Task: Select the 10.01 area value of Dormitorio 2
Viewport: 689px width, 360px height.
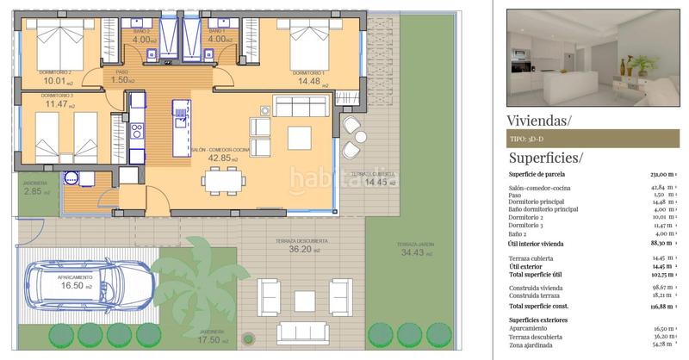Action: click(x=54, y=83)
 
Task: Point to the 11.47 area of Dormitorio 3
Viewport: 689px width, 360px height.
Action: click(x=57, y=104)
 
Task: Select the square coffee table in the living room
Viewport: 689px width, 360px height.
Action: click(x=300, y=138)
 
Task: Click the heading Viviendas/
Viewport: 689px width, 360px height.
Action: click(x=538, y=120)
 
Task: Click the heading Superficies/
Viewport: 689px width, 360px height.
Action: click(x=545, y=158)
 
